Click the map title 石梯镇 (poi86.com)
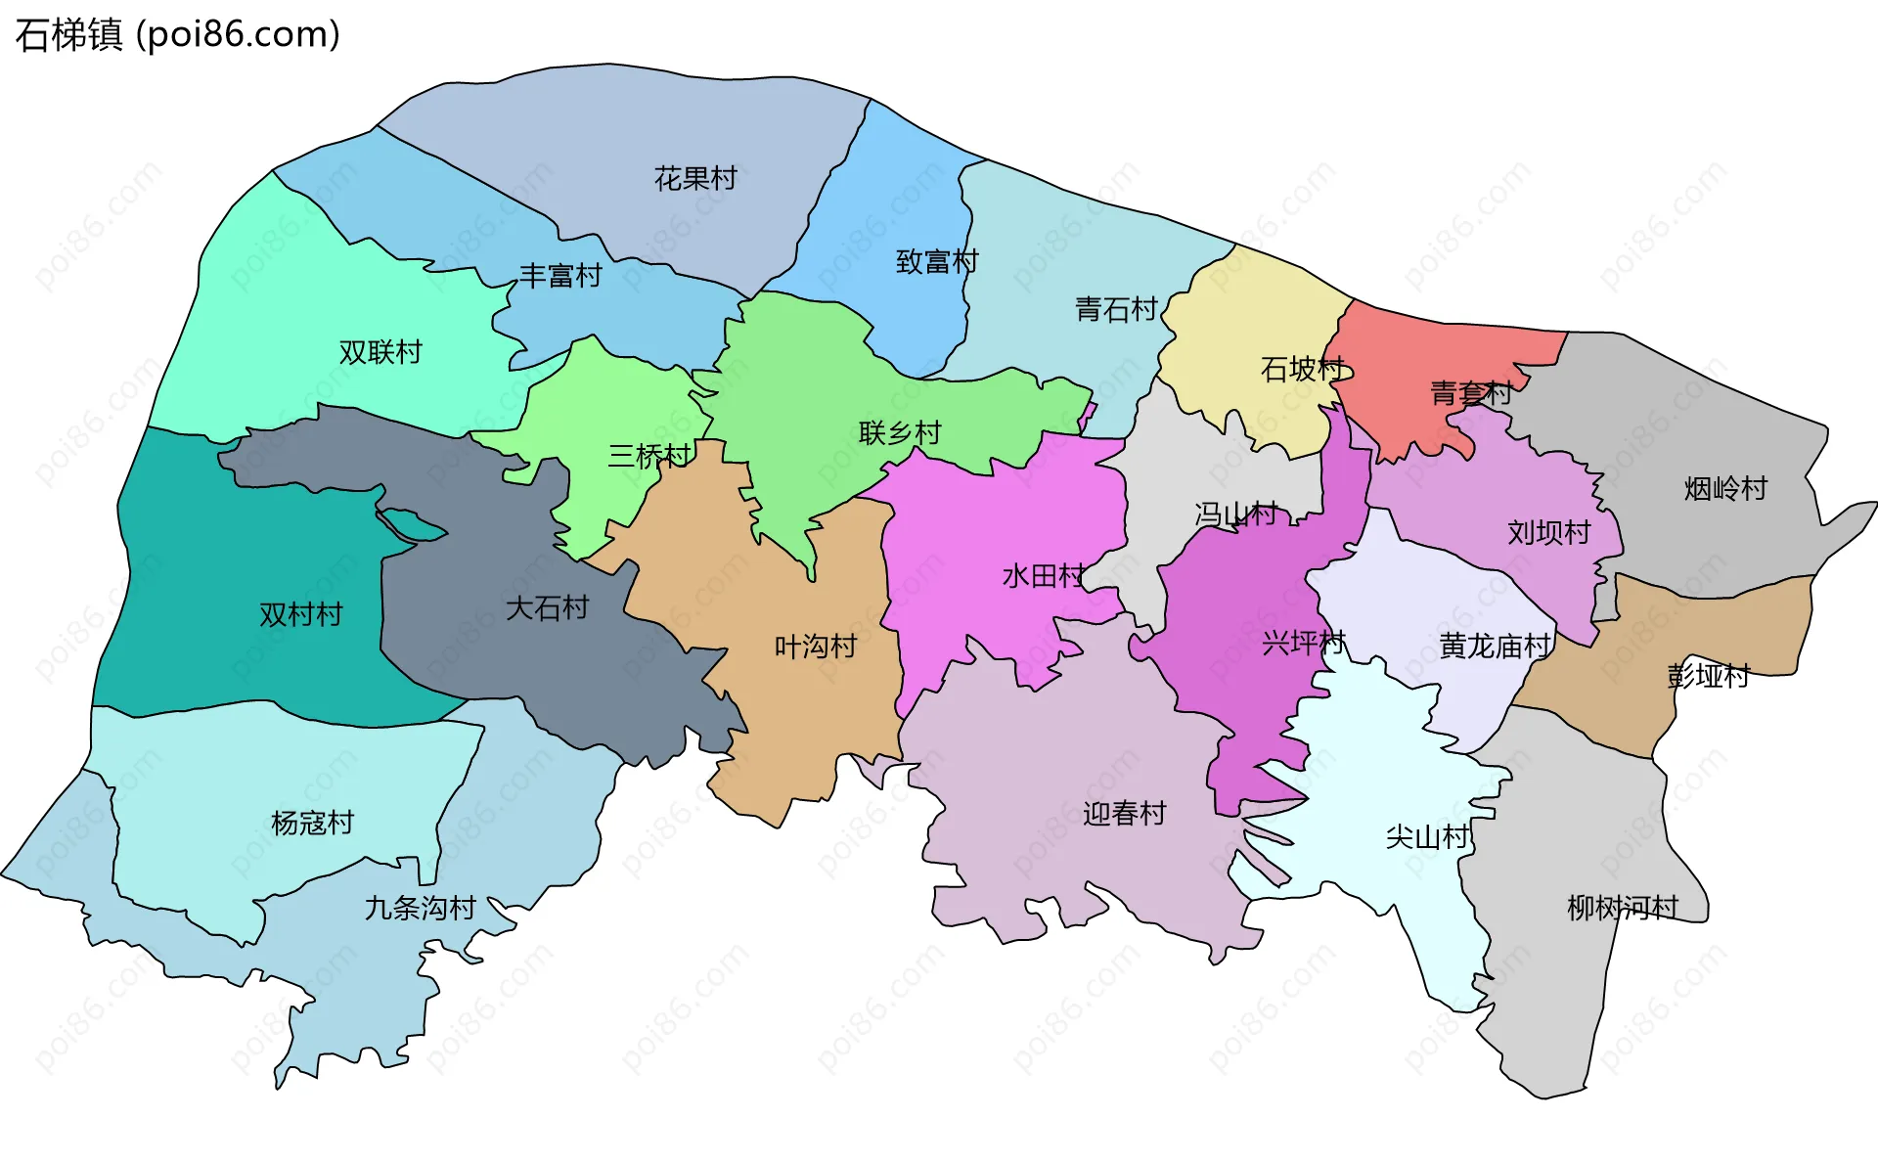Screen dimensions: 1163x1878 point(177,34)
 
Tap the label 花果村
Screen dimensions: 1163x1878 point(694,179)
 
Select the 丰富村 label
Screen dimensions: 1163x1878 point(559,276)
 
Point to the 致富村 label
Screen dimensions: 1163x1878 point(936,262)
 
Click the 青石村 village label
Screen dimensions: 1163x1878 point(1116,310)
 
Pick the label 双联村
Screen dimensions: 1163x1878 point(380,352)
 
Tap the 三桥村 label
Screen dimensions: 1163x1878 point(648,456)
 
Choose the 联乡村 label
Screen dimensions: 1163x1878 point(899,432)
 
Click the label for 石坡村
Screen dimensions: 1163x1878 point(1302,370)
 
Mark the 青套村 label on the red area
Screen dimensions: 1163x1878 point(1470,394)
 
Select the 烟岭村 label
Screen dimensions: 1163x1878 point(1725,489)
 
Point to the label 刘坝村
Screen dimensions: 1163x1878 point(1548,533)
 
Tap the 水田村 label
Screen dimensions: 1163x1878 point(1043,576)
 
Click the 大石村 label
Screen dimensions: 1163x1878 point(547,608)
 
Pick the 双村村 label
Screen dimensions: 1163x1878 point(300,615)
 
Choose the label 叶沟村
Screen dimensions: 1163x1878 point(815,647)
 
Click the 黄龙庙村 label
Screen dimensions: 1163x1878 point(1495,647)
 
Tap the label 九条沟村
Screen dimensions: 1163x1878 point(420,909)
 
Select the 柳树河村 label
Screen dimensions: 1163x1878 point(1622,909)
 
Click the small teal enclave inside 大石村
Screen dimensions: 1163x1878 point(411,525)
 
